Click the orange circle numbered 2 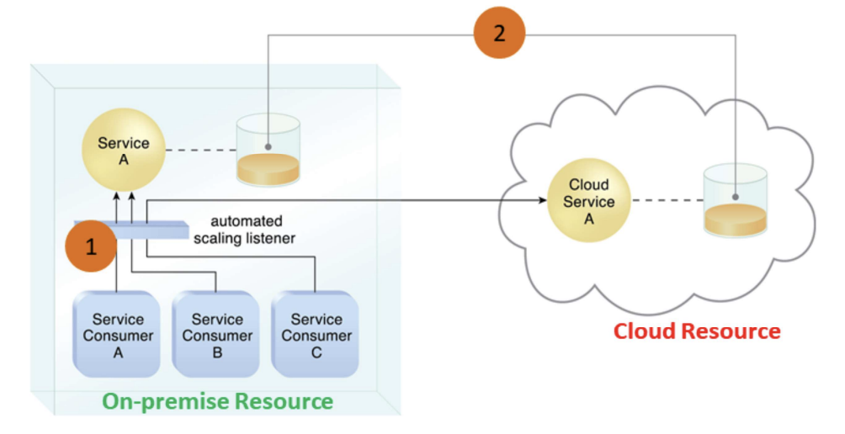(x=498, y=34)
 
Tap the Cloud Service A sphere (x=589, y=202)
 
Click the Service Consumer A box (x=118, y=336)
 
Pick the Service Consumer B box (x=217, y=336)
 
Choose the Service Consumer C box (x=316, y=336)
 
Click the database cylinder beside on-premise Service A (x=268, y=151)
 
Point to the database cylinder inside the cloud (x=736, y=202)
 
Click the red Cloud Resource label (x=697, y=331)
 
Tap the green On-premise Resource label (x=217, y=400)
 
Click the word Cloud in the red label (x=644, y=331)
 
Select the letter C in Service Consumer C (x=316, y=353)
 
